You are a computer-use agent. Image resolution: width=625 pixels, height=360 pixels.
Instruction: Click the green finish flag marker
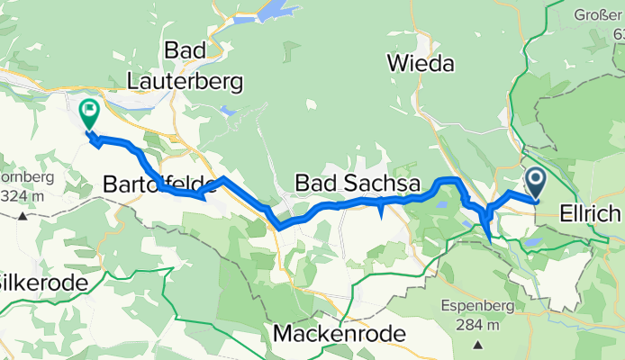[x=89, y=113]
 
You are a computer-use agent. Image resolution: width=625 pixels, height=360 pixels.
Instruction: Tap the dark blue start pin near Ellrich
[x=535, y=183]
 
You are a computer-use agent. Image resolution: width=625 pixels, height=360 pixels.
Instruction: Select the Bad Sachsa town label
[x=358, y=184]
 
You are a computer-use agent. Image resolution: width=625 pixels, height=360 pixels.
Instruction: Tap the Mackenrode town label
[x=338, y=334]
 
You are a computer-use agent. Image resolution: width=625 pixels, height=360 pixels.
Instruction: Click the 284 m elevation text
[x=476, y=324]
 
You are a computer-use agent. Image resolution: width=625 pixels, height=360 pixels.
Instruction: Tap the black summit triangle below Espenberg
[x=476, y=343]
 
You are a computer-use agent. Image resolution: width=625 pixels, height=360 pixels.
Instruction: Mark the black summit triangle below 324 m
[x=22, y=215]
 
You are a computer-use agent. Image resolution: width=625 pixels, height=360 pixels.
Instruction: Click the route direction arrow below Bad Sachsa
[x=381, y=211]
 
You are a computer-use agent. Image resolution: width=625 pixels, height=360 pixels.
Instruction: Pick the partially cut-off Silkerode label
[x=42, y=283]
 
